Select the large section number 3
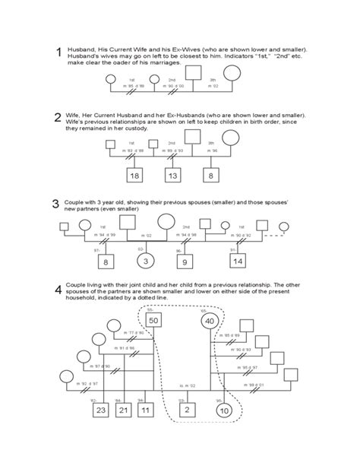click(55, 204)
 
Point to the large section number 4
click(58, 290)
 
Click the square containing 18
click(135, 176)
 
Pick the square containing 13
click(173, 176)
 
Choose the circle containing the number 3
click(144, 261)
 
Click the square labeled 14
click(238, 261)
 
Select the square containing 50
click(154, 321)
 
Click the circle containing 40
click(210, 321)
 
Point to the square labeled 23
click(101, 411)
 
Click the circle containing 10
click(223, 411)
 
